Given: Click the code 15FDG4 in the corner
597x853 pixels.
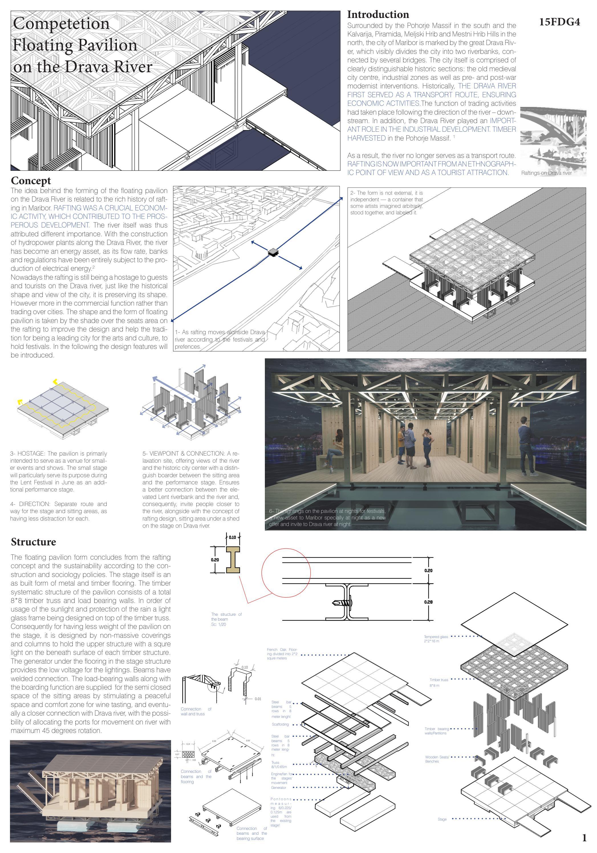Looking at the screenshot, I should (x=559, y=22).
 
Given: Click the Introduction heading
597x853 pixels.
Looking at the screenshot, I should (x=378, y=15).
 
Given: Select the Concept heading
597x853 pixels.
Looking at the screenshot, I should (x=31, y=180).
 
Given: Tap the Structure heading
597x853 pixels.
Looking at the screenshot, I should (x=33, y=542).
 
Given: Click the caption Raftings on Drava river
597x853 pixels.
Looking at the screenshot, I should (x=546, y=173).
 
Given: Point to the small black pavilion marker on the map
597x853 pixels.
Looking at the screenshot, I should (x=273, y=252).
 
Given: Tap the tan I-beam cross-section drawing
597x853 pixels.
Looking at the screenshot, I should (x=233, y=560).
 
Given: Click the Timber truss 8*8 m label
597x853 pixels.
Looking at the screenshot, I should (x=439, y=682).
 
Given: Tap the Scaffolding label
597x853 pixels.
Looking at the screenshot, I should (x=280, y=724).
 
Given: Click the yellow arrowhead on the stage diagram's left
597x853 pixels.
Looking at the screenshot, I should (x=20, y=402).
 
